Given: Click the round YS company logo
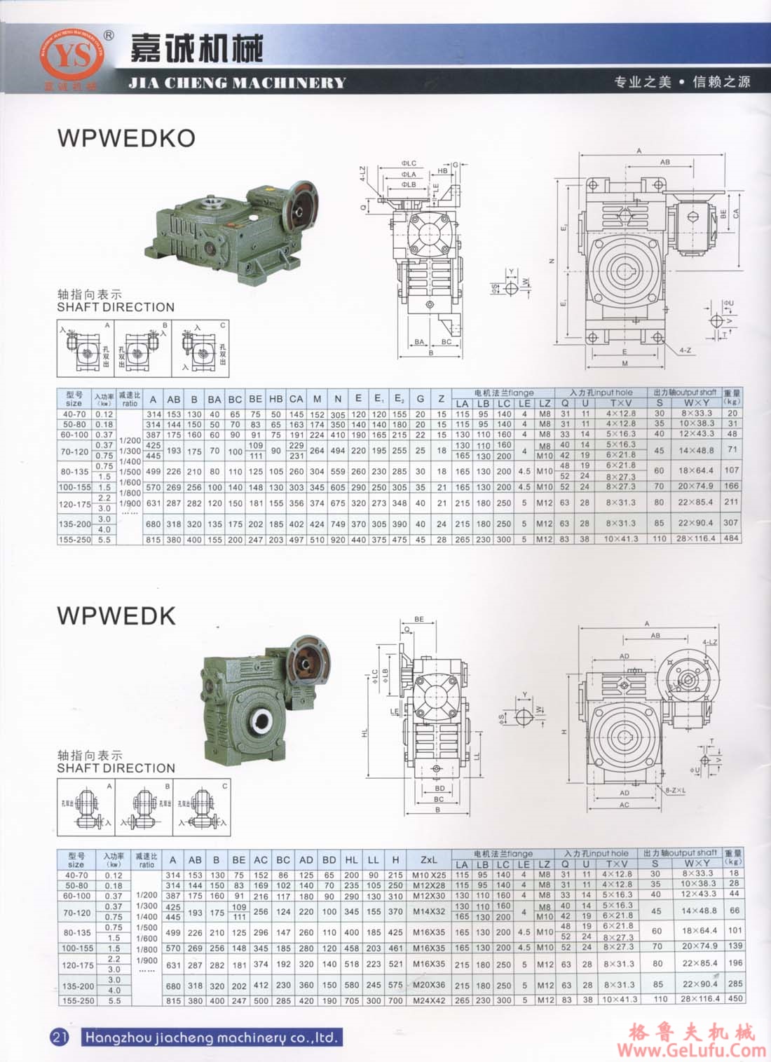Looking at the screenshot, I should tap(71, 59).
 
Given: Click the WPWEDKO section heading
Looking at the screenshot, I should tap(126, 138).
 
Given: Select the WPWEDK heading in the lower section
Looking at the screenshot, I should tap(116, 615).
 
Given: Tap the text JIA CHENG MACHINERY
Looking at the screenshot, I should tap(237, 83).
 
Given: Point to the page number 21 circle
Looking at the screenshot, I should tap(60, 1037).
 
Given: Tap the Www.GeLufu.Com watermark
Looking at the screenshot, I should tap(691, 1049).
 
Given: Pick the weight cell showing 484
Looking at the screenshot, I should tap(732, 538).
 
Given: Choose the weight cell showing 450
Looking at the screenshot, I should tap(734, 999).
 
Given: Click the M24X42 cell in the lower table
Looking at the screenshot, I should tap(429, 1000).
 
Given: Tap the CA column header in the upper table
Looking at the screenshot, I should tap(296, 399).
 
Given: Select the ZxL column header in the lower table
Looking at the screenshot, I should tap(429, 859).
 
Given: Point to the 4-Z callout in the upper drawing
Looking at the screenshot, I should tap(685, 350).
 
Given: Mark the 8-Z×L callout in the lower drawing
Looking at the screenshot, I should tap(676, 790).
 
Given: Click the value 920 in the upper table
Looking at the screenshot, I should tap(338, 539).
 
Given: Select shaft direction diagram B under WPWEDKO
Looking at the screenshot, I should tap(143, 348).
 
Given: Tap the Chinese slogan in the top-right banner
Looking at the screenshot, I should tap(682, 82).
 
